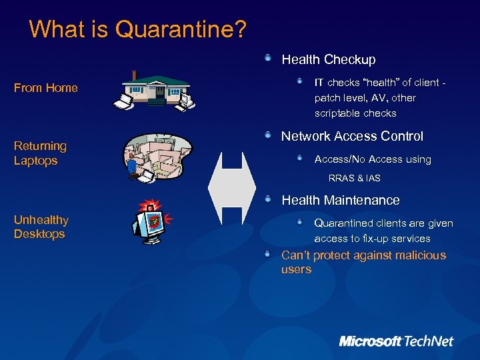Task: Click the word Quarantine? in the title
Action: [181, 29]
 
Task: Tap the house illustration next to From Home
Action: [156, 89]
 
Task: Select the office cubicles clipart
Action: [157, 156]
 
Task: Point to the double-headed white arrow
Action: [232, 188]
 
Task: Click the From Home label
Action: [46, 88]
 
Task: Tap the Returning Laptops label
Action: [40, 153]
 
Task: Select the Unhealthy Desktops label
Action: [41, 227]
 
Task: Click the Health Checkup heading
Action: [328, 60]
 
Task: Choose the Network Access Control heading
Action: [352, 137]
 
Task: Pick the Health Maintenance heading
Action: [340, 200]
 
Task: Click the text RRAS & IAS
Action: [354, 178]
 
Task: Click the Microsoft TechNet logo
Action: [396, 341]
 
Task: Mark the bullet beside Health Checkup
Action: [267, 59]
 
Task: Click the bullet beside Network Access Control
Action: [267, 135]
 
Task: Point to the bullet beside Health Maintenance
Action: [267, 199]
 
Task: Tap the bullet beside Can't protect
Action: [267, 254]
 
